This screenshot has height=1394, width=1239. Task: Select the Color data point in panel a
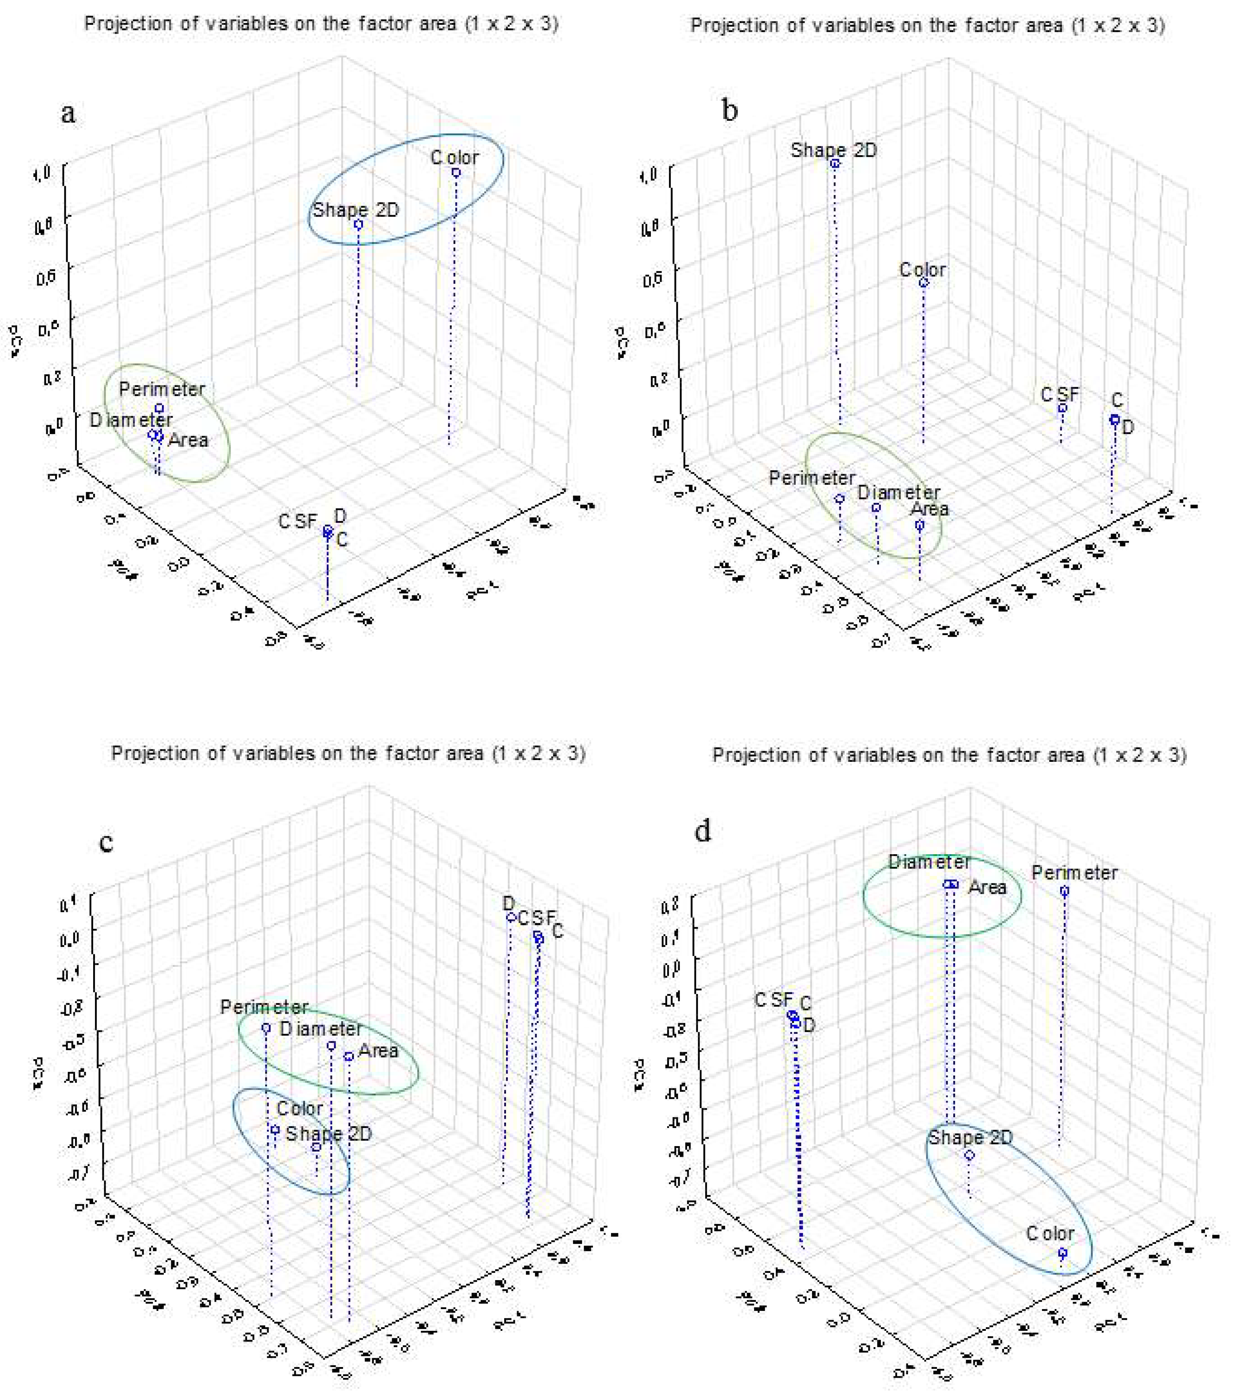[456, 173]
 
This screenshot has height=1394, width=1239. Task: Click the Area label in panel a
[188, 440]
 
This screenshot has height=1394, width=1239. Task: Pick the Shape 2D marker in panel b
[834, 164]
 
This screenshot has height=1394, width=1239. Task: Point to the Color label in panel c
[299, 1109]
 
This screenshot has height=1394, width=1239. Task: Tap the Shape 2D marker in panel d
[969, 1155]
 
